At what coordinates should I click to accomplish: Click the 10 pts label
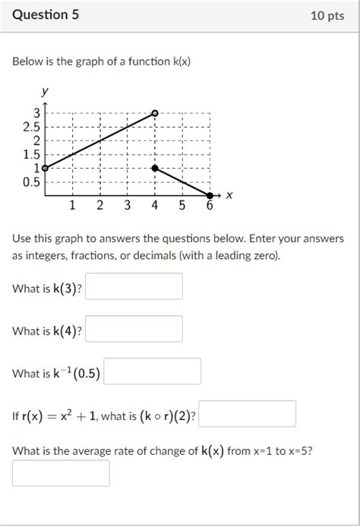[x=327, y=16]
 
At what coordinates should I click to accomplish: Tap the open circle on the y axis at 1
[x=45, y=168]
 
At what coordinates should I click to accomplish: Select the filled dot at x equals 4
[x=155, y=168]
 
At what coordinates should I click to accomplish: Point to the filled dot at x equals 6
[x=210, y=196]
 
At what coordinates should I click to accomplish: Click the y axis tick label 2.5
[x=33, y=127]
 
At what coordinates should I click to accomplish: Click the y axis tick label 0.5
[x=33, y=182]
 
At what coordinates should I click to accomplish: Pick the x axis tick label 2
[x=99, y=205]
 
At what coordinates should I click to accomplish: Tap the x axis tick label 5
[x=182, y=205]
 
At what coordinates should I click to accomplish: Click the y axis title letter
[x=46, y=91]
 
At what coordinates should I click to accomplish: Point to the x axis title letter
[x=229, y=196]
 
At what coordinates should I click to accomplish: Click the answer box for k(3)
[x=134, y=286]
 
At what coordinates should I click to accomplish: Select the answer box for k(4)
[x=134, y=329]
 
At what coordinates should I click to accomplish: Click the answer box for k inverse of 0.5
[x=152, y=371]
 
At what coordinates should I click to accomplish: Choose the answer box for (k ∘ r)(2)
[x=247, y=414]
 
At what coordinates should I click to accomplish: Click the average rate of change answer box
[x=61, y=473]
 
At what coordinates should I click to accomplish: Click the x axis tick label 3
[x=127, y=205]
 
